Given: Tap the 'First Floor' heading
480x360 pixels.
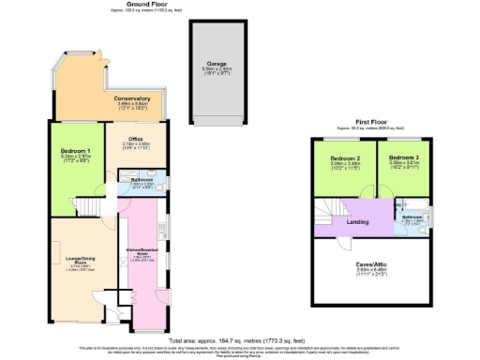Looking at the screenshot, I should coord(373,121).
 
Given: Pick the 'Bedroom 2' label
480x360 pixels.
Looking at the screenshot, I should coord(345,158).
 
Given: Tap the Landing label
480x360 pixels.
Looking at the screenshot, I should coord(356,221).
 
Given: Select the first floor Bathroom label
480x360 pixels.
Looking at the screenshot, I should coord(412,217).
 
